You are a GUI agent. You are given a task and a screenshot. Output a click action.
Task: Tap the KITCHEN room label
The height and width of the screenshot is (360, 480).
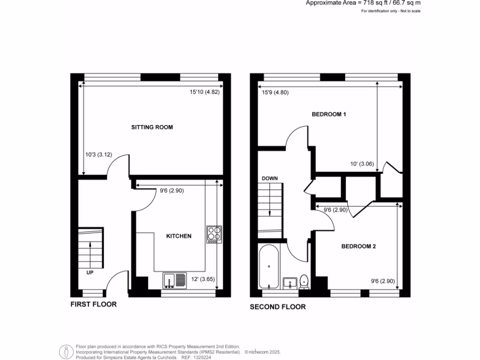click(x=179, y=236)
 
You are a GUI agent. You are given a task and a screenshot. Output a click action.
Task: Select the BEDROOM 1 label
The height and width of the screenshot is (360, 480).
click(x=329, y=114)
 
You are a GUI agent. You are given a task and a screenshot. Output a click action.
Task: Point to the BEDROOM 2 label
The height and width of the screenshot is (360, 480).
click(x=358, y=247)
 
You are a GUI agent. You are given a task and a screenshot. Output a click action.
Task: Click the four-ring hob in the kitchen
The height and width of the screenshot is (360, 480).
click(x=213, y=234)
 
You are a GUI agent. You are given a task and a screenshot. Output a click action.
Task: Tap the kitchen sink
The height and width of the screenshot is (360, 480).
click(x=174, y=280)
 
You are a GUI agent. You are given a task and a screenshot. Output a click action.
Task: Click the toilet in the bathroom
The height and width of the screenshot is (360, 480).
click(x=304, y=281)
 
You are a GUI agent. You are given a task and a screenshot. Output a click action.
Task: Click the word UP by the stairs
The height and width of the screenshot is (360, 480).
click(x=90, y=272)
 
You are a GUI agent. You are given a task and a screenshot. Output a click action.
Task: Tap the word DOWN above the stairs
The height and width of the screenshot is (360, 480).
click(x=270, y=179)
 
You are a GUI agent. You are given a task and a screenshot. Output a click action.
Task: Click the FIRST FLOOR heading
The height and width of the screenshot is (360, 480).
click(x=93, y=304)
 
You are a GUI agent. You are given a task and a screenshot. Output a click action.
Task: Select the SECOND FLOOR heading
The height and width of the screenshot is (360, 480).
click(x=277, y=307)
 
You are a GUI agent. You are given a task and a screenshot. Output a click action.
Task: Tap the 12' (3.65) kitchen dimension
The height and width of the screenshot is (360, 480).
click(x=203, y=279)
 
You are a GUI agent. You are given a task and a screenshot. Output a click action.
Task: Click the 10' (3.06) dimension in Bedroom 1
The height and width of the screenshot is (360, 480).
click(x=361, y=164)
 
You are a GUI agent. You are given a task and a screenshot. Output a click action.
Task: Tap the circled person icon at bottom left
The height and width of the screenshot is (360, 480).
click(x=67, y=352)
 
